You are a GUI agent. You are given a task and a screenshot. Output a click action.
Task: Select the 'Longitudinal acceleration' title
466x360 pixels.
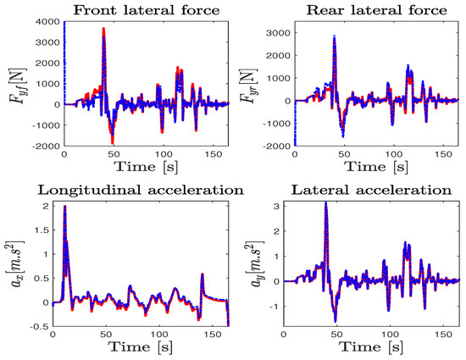click(136, 187)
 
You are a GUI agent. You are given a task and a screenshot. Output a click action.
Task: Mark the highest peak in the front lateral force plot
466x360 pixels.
click(103, 29)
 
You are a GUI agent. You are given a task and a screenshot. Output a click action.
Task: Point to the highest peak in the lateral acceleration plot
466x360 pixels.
click(326, 202)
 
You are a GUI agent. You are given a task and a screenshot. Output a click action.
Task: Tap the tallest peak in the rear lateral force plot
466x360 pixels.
click(335, 37)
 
